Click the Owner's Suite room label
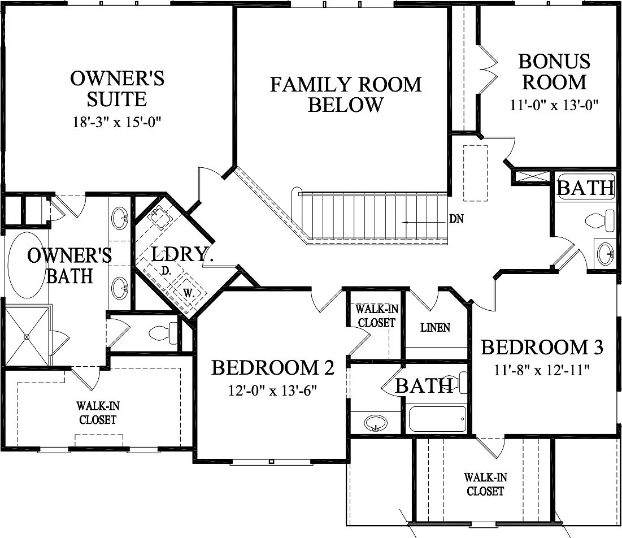(x=117, y=89)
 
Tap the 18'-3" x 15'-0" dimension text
(x=117, y=122)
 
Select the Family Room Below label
(x=345, y=94)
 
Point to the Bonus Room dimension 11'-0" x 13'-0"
(x=553, y=105)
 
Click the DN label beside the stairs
(x=456, y=219)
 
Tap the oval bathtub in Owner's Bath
(x=25, y=265)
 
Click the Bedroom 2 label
(x=273, y=368)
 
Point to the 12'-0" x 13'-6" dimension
(x=273, y=391)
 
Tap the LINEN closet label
(x=436, y=328)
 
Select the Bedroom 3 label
(x=542, y=347)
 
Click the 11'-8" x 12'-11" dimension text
(x=542, y=371)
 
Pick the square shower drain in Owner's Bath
(x=26, y=337)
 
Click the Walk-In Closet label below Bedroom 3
(x=485, y=484)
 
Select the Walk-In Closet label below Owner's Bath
(x=98, y=413)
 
